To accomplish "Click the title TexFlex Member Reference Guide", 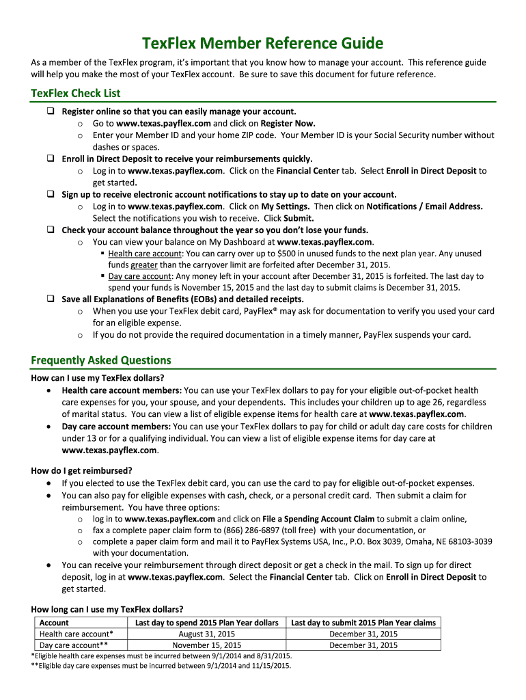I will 263,44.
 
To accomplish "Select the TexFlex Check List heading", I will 76,93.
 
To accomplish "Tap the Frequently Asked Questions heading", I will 101,360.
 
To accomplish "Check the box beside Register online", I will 51,111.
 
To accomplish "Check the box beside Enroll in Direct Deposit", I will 51,158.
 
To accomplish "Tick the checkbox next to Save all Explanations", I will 51,299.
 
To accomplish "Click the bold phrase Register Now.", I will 288,124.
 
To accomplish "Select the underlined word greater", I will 144,265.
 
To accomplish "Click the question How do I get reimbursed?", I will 81,470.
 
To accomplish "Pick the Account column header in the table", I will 54,623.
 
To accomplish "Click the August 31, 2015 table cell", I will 206,634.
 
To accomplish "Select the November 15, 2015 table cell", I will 206,645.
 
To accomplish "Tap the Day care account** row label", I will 74,645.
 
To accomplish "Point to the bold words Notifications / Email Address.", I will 425,206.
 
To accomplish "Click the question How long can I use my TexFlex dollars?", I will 107,609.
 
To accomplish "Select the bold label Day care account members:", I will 117,427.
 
